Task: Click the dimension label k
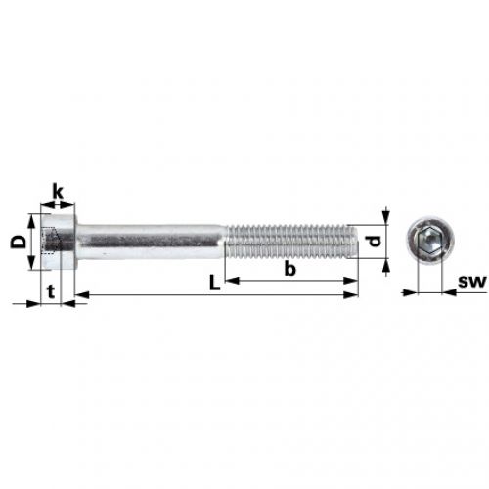58,192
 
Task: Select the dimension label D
17,241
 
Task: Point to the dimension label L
214,283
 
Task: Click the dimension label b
290,267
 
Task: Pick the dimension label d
373,242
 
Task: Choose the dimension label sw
471,283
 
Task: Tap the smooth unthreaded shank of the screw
152,240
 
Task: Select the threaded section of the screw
289,241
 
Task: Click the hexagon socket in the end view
426,241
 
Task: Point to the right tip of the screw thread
356,241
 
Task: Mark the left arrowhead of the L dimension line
80,293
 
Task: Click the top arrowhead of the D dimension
32,218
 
